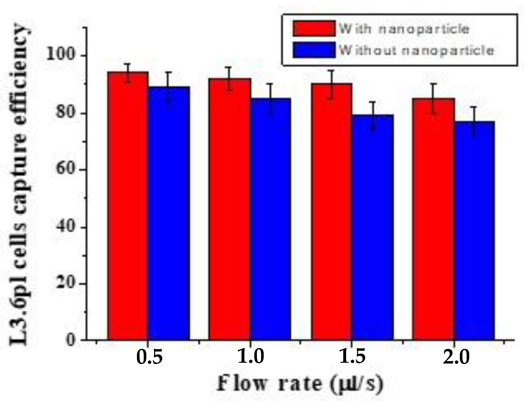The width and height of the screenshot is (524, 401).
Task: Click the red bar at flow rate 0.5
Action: pyautogui.click(x=128, y=206)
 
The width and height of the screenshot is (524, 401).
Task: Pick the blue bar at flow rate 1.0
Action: pyautogui.click(x=270, y=219)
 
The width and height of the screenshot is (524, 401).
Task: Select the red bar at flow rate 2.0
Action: pyautogui.click(x=433, y=219)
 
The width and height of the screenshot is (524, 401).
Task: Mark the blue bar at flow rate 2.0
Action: pyautogui.click(x=474, y=230)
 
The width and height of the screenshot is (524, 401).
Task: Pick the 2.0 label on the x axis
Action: pyautogui.click(x=456, y=356)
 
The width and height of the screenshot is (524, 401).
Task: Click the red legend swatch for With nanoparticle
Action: pyautogui.click(x=314, y=28)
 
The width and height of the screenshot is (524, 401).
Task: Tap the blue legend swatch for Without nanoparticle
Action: pyautogui.click(x=314, y=50)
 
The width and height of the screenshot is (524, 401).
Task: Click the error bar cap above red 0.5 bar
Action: pyautogui.click(x=127, y=64)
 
